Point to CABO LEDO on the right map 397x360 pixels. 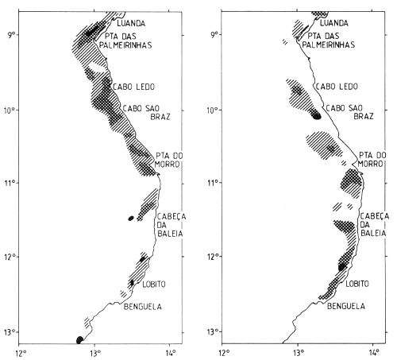333,86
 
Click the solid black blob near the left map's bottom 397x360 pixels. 79,339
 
